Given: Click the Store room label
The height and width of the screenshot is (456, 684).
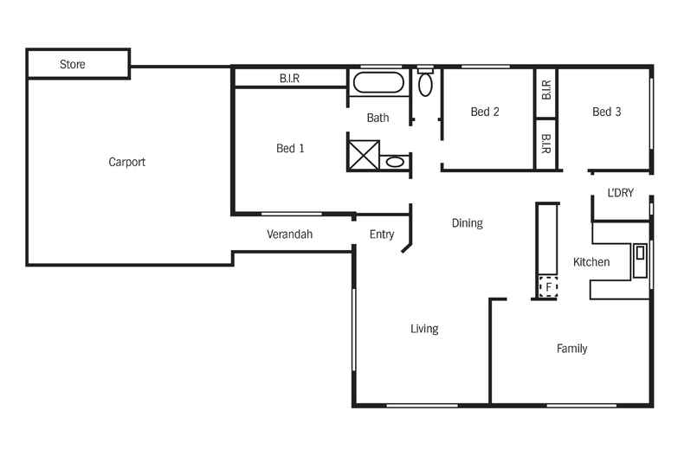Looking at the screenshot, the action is [73, 64].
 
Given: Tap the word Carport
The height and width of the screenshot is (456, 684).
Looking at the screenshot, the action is [127, 162].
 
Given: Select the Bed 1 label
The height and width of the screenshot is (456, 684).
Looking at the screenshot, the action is [290, 148].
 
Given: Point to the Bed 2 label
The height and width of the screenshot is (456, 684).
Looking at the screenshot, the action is [485, 112].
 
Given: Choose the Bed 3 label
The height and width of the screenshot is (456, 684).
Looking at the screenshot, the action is [606, 112].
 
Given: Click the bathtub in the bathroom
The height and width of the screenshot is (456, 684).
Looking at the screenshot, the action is [378, 82].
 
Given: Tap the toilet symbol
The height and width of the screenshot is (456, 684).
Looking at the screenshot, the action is [425, 82].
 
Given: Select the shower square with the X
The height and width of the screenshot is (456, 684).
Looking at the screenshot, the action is [364, 155].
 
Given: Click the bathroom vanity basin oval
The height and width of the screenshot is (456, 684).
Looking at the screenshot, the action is [395, 162].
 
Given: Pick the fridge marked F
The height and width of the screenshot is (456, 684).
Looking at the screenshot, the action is [548, 287].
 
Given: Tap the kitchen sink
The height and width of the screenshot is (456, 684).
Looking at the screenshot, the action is [640, 260].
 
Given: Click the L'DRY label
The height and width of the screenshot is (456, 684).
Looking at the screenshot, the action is [620, 193].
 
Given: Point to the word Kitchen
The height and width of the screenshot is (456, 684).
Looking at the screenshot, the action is [591, 262].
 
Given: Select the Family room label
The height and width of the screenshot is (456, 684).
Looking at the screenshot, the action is [572, 349].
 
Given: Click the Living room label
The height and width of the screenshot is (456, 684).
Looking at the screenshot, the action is [424, 329].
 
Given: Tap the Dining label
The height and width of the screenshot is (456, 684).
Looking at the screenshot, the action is [468, 223].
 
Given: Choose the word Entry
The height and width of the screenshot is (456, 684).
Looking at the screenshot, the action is [382, 234].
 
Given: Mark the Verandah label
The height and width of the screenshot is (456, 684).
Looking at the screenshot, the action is [290, 234].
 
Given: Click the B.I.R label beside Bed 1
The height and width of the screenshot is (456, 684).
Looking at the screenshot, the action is [290, 79].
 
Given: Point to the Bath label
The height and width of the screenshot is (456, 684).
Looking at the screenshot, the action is [377, 118].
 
